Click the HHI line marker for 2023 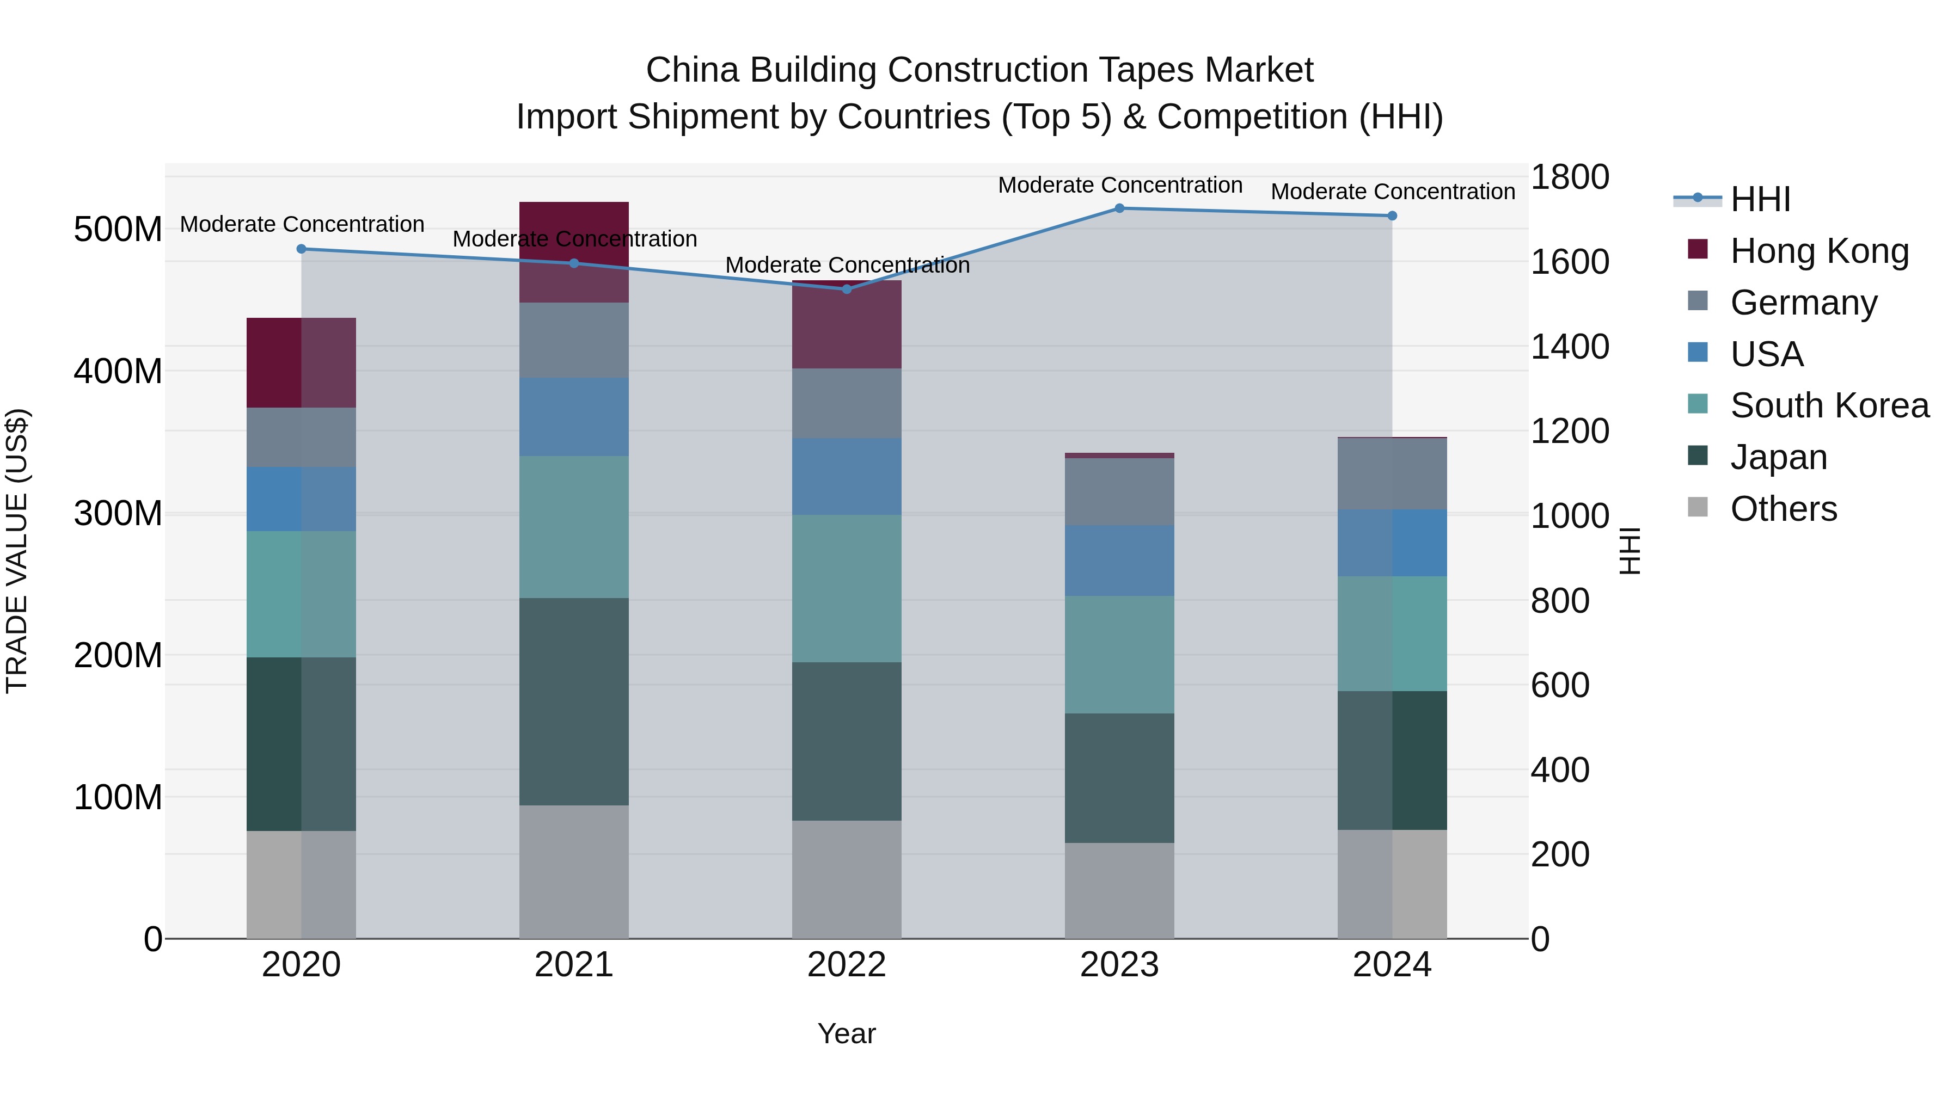1119,208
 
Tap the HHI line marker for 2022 847,289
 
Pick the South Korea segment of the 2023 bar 1119,654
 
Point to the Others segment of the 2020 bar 301,884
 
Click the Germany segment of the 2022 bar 847,403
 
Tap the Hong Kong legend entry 1818,251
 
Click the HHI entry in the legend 1760,199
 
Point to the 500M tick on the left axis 118,229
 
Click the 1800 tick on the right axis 1570,177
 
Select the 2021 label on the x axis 574,965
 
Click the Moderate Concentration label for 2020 302,224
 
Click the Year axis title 846,1033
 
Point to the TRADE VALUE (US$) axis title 17,551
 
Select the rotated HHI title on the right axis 1629,551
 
